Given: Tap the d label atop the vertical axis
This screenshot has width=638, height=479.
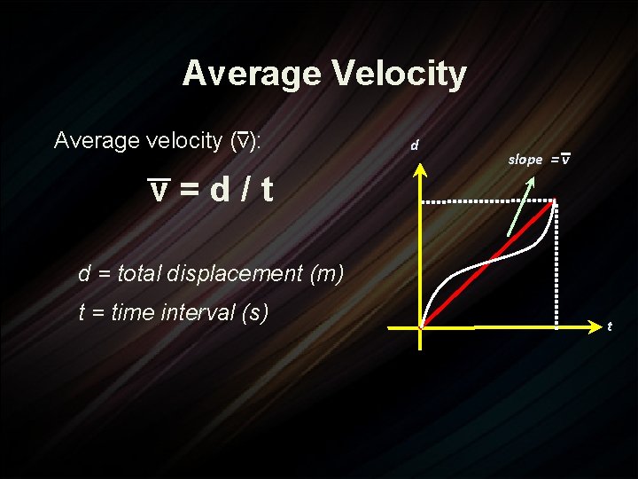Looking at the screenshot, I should [414, 145].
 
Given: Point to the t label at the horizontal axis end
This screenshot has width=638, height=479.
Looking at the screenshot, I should [609, 326].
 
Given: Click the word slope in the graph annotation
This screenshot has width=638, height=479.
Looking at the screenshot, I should [525, 160].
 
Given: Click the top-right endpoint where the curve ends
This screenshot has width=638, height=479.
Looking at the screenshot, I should [555, 203].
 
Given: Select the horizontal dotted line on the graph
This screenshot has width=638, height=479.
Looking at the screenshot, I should [487, 203].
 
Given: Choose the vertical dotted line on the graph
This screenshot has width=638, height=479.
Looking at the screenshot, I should [556, 266].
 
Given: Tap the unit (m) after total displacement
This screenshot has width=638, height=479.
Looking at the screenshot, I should [327, 274].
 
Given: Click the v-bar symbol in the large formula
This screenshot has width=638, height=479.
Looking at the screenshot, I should [159, 189].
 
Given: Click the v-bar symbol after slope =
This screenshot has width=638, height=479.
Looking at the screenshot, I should [564, 160].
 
